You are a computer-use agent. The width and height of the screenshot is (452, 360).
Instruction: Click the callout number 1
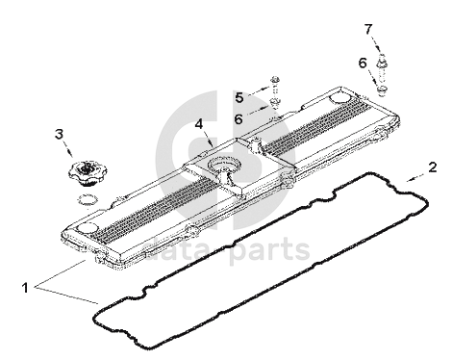point(25,287)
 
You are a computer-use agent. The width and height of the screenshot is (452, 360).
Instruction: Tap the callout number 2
point(433,167)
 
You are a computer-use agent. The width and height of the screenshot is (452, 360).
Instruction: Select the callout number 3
point(59,134)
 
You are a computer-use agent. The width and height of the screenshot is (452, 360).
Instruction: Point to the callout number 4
point(199,124)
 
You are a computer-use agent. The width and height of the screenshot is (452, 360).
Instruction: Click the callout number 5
point(239,97)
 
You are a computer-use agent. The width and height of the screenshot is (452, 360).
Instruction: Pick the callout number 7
point(368,29)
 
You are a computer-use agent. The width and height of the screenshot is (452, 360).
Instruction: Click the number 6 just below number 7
point(363,63)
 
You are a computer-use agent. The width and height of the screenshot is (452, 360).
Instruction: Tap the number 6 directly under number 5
point(239,119)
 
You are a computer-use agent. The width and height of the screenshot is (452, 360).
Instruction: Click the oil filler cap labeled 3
point(88,173)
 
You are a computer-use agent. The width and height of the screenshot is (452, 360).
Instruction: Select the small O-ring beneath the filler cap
point(87,199)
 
